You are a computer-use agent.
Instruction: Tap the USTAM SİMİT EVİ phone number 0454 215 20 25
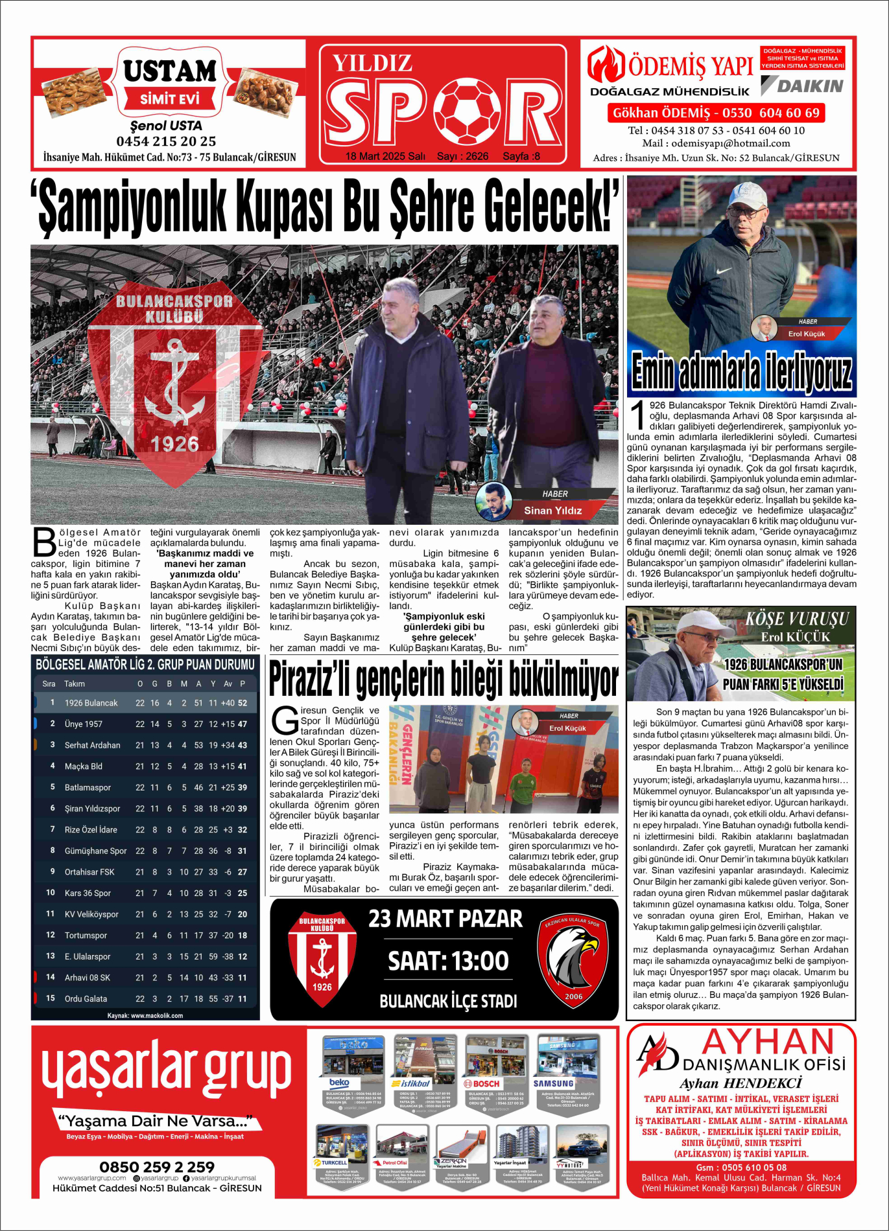[166, 141]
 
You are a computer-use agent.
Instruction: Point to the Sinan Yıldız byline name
[552, 510]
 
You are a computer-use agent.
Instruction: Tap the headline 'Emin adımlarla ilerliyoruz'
[741, 372]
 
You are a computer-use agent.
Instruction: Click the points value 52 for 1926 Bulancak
[243, 703]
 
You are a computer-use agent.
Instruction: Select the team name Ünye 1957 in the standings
[83, 724]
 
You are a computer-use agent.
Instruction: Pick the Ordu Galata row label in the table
[86, 998]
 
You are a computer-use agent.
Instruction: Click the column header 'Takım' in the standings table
[75, 684]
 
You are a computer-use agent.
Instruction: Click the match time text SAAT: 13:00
[448, 960]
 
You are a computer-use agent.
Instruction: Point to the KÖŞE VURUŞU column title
[796, 619]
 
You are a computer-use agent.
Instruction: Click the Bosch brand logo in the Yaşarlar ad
[482, 1083]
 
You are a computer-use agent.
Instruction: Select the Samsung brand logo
[553, 1083]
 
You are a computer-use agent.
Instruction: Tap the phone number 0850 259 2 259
[157, 1168]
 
